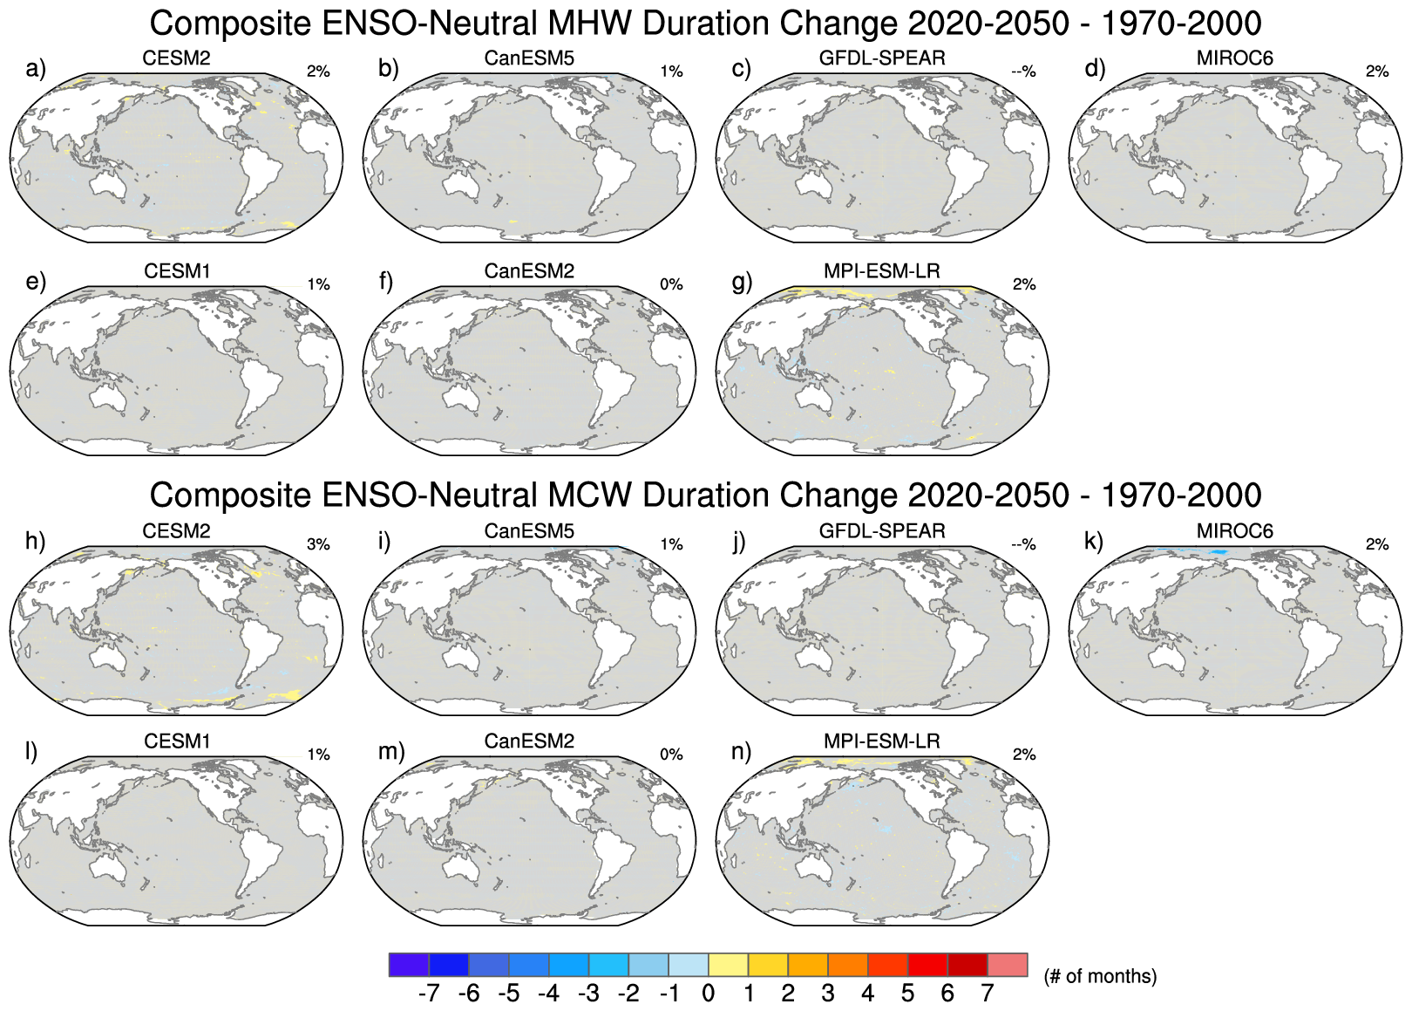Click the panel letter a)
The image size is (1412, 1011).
(x=36, y=69)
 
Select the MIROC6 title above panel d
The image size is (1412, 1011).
(x=1234, y=58)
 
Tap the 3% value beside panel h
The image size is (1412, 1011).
(x=318, y=544)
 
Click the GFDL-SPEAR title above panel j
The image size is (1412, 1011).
(x=881, y=531)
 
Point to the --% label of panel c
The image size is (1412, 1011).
(x=1023, y=72)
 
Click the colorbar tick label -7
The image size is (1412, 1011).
(x=428, y=994)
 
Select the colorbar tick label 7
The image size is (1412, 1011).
(x=988, y=994)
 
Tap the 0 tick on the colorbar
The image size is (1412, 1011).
(x=708, y=994)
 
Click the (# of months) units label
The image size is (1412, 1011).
(x=1100, y=976)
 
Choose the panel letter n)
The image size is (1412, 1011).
(x=742, y=752)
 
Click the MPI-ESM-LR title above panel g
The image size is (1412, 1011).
(x=881, y=271)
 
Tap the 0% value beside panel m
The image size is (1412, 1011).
(x=671, y=755)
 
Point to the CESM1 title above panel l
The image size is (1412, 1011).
(x=177, y=741)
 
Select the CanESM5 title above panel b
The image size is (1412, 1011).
(x=529, y=58)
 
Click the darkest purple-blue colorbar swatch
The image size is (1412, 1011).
(x=409, y=964)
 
